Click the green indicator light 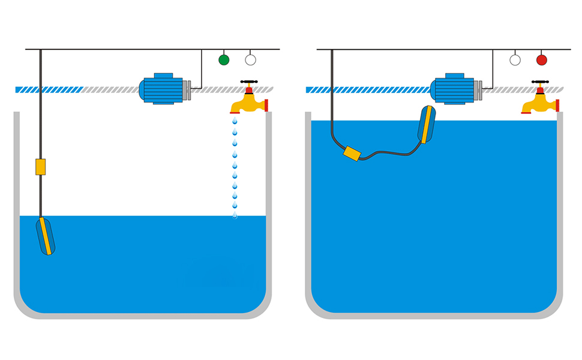(x=224, y=59)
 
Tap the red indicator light (x=542, y=59)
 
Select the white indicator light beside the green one (x=251, y=59)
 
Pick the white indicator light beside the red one (x=515, y=59)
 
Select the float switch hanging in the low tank (x=46, y=236)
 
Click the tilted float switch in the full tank (x=427, y=124)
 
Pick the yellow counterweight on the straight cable (x=40, y=167)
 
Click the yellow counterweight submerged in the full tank (x=352, y=154)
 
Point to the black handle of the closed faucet (x=540, y=82)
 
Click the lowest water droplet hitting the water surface (x=235, y=215)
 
